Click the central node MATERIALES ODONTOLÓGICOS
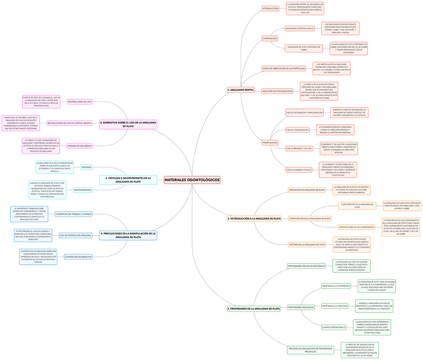click(192, 180)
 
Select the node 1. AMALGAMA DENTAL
click(241, 90)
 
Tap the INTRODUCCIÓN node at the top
click(270, 8)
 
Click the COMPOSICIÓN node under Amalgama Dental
click(269, 38)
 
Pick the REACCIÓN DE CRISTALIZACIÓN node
click(277, 91)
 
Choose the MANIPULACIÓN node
click(270, 143)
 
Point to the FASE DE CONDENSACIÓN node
click(297, 130)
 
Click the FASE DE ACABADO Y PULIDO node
click(299, 170)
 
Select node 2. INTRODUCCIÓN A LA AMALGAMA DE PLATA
click(254, 219)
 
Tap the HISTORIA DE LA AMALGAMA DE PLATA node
click(307, 245)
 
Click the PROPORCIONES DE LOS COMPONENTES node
click(357, 227)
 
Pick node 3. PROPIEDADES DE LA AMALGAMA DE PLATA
click(254, 309)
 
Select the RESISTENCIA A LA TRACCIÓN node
click(335, 306)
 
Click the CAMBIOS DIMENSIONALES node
click(334, 328)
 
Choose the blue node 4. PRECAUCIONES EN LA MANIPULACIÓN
click(128, 235)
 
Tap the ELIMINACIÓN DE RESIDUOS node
click(78, 257)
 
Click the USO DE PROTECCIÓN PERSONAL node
click(76, 235)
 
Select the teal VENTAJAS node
click(86, 167)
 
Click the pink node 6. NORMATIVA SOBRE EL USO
click(128, 124)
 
